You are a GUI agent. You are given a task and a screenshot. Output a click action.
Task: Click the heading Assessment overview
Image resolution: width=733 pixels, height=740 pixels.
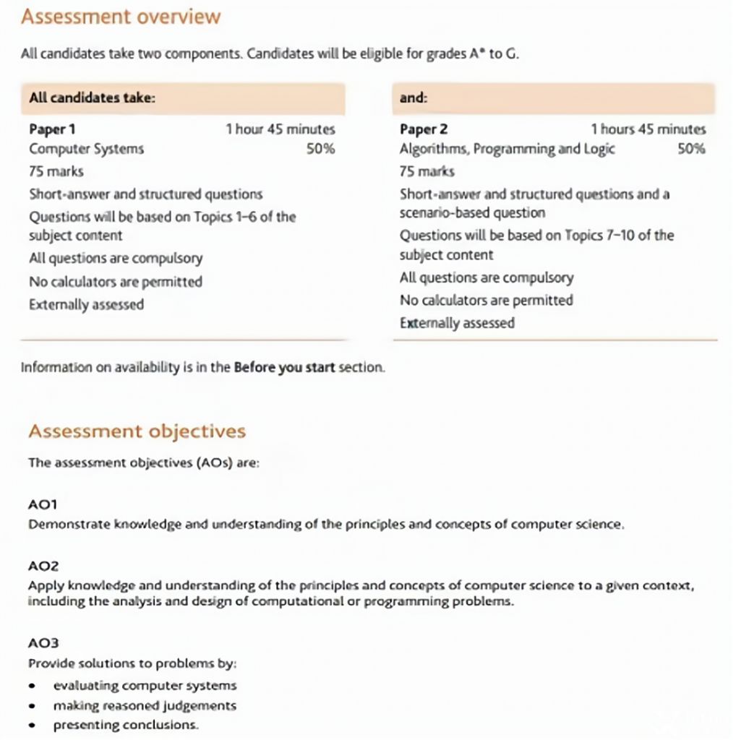pos(121,17)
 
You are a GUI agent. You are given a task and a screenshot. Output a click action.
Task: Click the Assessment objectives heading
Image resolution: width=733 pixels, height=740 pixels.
pos(137,431)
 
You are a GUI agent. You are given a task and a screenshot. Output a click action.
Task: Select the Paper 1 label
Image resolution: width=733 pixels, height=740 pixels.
pos(52,129)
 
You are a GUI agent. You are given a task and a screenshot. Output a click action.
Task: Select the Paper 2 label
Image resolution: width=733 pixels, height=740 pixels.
pos(424,129)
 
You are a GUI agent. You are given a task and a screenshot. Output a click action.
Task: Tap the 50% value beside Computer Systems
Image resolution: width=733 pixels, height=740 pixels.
pos(320,149)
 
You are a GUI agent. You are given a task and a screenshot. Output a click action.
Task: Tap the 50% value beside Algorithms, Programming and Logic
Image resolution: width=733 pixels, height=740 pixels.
pos(691,149)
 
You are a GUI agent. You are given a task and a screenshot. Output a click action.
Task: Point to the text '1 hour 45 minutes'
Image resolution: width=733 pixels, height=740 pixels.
pos(280,129)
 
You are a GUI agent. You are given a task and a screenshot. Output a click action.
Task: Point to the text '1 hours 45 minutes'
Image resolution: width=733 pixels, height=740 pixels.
pos(648,129)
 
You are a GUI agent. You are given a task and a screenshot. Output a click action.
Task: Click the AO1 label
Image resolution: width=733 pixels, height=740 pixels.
pos(43,504)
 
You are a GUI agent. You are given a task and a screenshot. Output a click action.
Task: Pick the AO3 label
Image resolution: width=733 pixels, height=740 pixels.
pos(43,642)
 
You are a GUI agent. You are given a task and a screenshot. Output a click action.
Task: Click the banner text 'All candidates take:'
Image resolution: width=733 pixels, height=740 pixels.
pos(92,98)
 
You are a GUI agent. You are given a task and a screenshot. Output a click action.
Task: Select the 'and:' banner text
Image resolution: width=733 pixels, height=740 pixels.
pos(413,98)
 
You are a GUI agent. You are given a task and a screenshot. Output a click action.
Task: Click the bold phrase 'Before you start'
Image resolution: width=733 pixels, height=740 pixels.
pos(284,367)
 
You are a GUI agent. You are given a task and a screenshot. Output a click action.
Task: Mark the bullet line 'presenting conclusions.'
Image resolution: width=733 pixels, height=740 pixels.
pos(125,725)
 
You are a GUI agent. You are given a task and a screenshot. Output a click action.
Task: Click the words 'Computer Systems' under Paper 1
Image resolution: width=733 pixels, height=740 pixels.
pos(86,149)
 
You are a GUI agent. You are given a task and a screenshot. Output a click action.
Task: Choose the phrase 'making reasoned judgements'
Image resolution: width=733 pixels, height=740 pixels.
pos(145,705)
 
